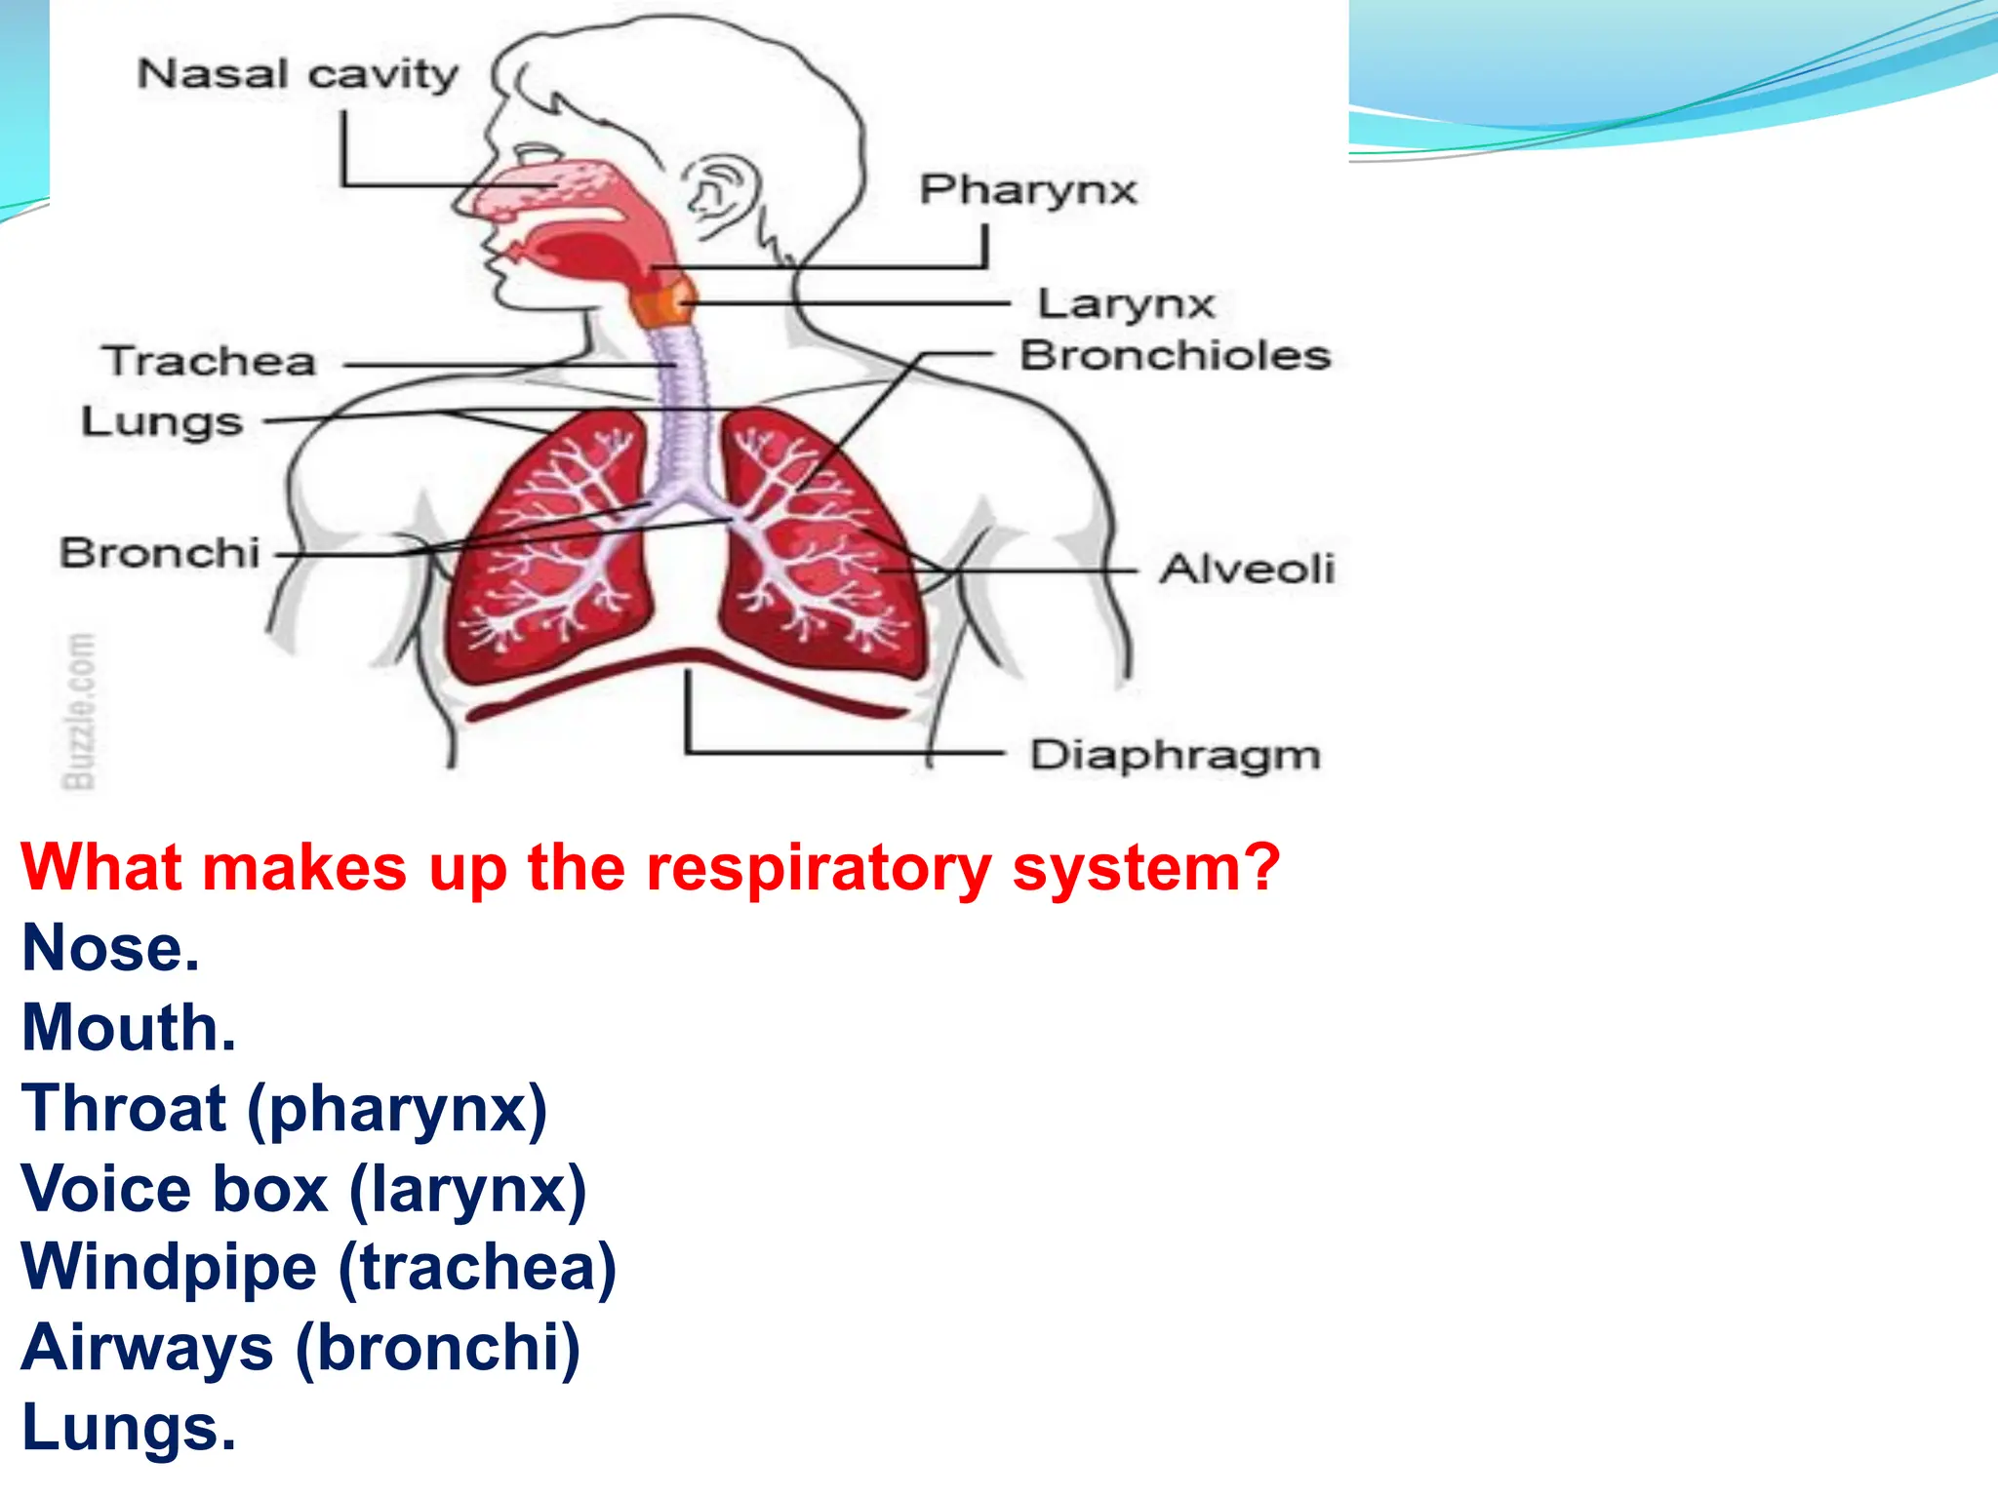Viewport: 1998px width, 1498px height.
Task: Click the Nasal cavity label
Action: tap(298, 74)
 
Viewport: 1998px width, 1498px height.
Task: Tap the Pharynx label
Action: tap(1028, 189)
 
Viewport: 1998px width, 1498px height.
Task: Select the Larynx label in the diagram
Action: tap(1126, 304)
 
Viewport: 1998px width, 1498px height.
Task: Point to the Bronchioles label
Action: tap(1176, 356)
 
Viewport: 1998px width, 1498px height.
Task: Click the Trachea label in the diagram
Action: tap(211, 362)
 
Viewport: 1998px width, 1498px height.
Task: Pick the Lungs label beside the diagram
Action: tap(162, 422)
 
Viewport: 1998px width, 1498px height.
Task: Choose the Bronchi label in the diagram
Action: tap(160, 553)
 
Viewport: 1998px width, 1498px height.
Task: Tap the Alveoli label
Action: tap(1247, 569)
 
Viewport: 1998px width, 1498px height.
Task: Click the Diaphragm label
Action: tap(1176, 756)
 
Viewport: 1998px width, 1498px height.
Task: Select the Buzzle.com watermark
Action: tap(80, 710)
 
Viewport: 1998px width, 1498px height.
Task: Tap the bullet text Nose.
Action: tap(110, 948)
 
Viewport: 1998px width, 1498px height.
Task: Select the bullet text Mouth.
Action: tap(129, 1028)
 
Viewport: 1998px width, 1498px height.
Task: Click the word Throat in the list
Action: tap(124, 1109)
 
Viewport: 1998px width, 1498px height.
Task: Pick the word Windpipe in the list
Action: tap(169, 1267)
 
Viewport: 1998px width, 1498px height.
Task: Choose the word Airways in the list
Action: tap(146, 1348)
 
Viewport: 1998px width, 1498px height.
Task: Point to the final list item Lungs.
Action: tap(129, 1428)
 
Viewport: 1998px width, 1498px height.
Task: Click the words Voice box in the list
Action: tap(175, 1189)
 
